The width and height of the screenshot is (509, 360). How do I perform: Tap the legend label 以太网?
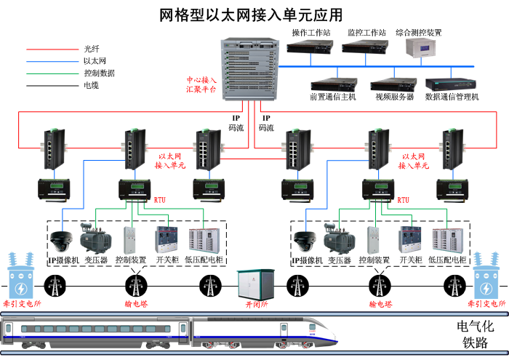click(x=95, y=61)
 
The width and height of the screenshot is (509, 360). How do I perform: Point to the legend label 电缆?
click(x=91, y=85)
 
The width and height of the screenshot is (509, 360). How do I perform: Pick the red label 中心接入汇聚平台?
click(x=201, y=84)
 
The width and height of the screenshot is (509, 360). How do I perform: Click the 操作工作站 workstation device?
click(x=310, y=48)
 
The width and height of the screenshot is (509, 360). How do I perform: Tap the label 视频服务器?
click(x=393, y=97)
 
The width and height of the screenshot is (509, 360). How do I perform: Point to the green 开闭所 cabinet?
click(x=253, y=283)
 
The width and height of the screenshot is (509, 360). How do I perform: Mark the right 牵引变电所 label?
click(x=488, y=303)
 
